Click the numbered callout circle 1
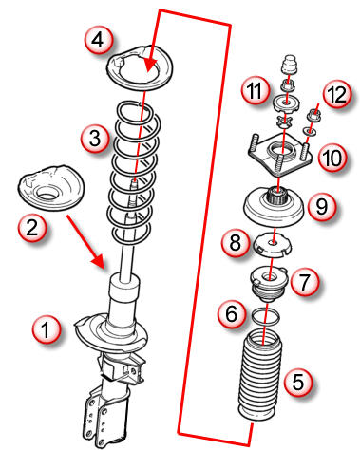[x=47, y=330]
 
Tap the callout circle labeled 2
[x=32, y=227]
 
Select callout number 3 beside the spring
[x=95, y=139]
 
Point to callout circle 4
[x=99, y=40]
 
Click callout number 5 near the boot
[x=298, y=382]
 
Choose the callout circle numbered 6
[x=232, y=313]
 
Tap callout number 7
[x=305, y=281]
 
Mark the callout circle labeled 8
[x=236, y=243]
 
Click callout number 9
[x=321, y=206]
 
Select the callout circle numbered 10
[x=332, y=158]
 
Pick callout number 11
[x=255, y=90]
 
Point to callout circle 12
[x=337, y=94]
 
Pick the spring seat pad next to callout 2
[x=50, y=187]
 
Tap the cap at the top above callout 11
[x=290, y=65]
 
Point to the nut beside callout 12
[x=314, y=114]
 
